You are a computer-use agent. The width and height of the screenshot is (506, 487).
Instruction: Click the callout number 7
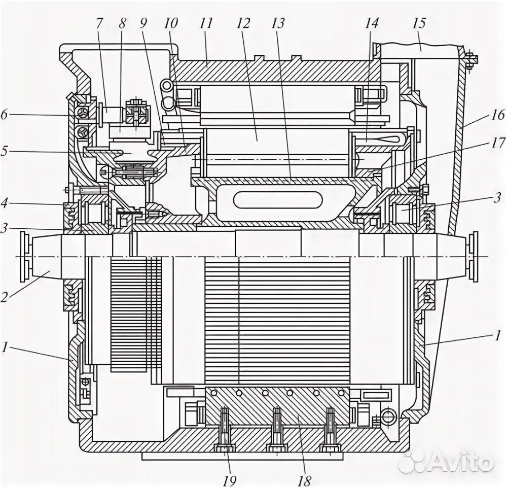point(99,23)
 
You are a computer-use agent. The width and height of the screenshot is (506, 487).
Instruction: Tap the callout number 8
point(122,23)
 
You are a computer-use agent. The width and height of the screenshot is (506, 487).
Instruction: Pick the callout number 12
point(244,23)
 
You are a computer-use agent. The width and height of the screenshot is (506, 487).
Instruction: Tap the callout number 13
point(278,23)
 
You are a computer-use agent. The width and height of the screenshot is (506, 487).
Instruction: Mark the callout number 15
point(419,23)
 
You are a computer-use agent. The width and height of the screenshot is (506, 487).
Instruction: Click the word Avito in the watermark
point(461,462)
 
